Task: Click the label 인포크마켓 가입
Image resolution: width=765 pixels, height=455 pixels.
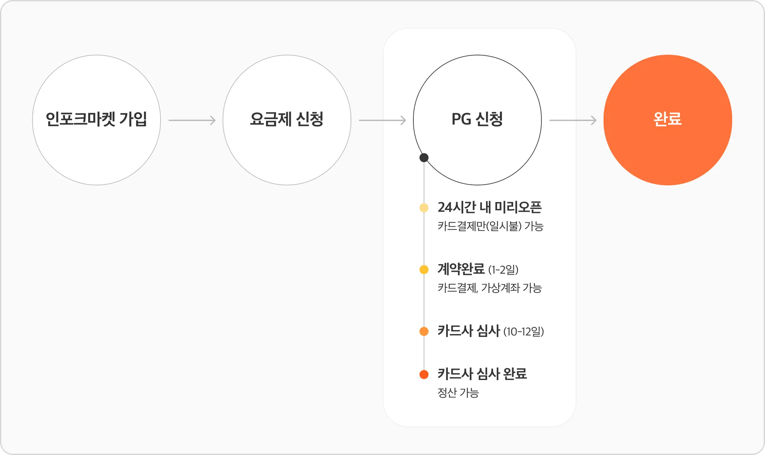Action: (96, 119)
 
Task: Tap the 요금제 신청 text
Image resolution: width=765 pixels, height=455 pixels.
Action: (287, 119)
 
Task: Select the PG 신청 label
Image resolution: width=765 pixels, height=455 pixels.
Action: (477, 119)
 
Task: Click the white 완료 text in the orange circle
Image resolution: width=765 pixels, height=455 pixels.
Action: (668, 119)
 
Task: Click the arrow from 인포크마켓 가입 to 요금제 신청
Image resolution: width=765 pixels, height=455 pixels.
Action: (192, 120)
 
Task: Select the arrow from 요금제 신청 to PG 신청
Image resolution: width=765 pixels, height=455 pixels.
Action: (382, 120)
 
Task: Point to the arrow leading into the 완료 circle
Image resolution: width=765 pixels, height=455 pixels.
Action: (573, 120)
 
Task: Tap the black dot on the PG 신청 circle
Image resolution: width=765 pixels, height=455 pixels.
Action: (424, 158)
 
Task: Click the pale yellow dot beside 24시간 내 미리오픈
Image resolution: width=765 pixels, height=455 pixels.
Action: (424, 208)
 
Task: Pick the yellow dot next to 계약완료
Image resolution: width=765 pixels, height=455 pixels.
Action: (424, 269)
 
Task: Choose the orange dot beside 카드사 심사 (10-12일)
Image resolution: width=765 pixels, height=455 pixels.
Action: (424, 331)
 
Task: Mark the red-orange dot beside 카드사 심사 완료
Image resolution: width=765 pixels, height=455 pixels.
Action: (424, 374)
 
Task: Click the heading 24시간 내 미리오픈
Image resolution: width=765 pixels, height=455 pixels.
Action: (489, 207)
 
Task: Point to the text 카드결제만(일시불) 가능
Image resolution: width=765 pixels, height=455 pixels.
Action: (490, 226)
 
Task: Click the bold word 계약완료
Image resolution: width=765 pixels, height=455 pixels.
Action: (461, 269)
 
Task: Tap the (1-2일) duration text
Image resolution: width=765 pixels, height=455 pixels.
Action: (504, 270)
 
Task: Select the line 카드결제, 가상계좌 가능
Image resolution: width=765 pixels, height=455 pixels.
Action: (489, 288)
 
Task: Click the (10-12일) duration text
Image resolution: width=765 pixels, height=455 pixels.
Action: (524, 332)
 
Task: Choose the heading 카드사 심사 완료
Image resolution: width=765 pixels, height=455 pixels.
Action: (482, 374)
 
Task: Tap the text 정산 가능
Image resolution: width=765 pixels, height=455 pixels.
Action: (458, 393)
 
